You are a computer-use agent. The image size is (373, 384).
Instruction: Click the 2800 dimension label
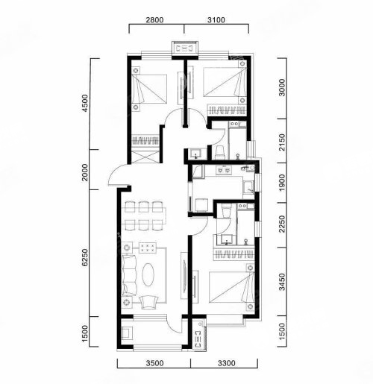click(154, 20)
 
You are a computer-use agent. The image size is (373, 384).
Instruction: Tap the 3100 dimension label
click(216, 20)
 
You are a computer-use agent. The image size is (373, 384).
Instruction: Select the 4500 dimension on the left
click(85, 103)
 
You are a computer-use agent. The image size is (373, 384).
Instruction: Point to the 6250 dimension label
click(85, 258)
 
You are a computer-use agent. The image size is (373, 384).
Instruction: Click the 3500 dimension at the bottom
click(154, 363)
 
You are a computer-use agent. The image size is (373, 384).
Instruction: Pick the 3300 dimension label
click(227, 363)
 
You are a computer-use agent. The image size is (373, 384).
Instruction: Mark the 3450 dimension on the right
click(282, 282)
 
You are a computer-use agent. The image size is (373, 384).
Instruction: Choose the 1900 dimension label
click(282, 183)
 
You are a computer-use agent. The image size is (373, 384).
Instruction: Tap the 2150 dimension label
click(282, 142)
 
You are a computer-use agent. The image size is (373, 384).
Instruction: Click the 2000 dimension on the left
click(85, 172)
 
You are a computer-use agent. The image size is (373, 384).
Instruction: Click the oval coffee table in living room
click(148, 274)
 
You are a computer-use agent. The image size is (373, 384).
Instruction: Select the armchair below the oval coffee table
click(148, 302)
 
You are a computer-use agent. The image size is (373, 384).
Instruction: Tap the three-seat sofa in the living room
click(129, 275)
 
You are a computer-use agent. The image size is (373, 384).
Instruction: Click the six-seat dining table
click(144, 216)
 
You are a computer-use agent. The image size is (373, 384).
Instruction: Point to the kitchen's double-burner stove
click(224, 170)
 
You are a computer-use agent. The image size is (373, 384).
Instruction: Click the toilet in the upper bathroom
click(220, 153)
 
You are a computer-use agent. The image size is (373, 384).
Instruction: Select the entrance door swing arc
click(115, 171)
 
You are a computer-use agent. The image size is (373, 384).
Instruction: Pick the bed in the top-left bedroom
click(149, 89)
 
